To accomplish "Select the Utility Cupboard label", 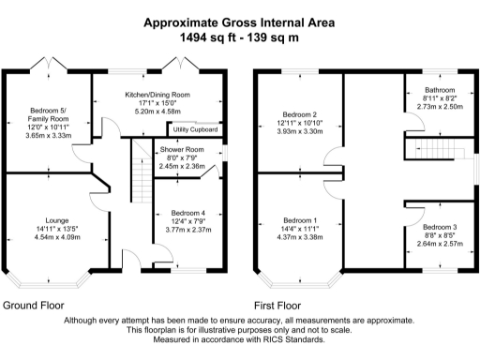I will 196,129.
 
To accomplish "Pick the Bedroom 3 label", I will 440,228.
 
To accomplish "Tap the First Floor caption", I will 277,306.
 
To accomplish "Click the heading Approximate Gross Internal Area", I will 240,22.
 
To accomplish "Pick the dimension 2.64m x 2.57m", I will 440,245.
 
